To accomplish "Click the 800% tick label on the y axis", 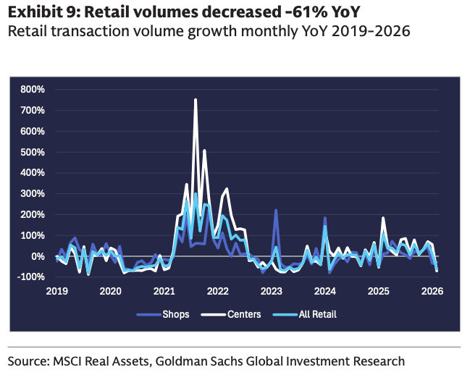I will coord(33,90).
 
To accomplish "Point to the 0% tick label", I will coord(38,256).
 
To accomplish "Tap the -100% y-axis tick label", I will coord(32,277).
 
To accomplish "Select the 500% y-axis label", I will coord(33,152).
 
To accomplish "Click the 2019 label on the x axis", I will coord(56,291).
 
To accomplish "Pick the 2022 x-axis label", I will coord(218,291).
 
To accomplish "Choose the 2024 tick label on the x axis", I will coord(326,291).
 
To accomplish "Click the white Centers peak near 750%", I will coord(196,100).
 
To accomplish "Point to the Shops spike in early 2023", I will coord(276,211).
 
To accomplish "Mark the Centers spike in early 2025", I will coord(383,218).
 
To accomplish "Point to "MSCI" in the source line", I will coord(69,360).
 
